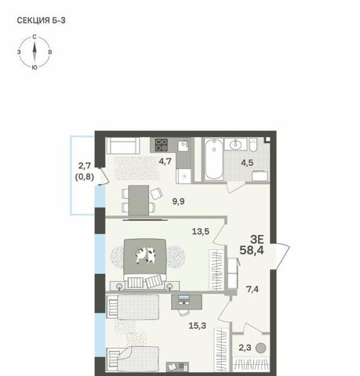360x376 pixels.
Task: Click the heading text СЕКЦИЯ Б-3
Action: pyautogui.click(x=41, y=20)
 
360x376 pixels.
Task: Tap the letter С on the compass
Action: pyautogui.click(x=35, y=37)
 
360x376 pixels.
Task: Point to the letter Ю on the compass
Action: pyautogui.click(x=35, y=67)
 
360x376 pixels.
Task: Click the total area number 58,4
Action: pyautogui.click(x=252, y=250)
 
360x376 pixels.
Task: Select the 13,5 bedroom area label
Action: pyautogui.click(x=201, y=231)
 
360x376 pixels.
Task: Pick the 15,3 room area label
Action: pyautogui.click(x=198, y=326)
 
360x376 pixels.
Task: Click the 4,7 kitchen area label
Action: pyautogui.click(x=165, y=161)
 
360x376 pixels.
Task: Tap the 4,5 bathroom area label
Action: pyautogui.click(x=247, y=163)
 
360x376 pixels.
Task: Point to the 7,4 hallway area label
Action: pyautogui.click(x=253, y=289)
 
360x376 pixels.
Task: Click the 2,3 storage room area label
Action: pyautogui.click(x=245, y=348)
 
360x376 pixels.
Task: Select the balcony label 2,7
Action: pyautogui.click(x=85, y=165)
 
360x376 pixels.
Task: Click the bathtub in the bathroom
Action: pyautogui.click(x=214, y=159)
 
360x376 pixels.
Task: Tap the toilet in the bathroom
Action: pyautogui.click(x=253, y=145)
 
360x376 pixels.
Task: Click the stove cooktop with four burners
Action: pyautogui.click(x=161, y=145)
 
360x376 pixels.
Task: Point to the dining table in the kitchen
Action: pyautogui.click(x=139, y=201)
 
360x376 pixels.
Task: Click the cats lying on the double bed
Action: pyautogui.click(x=145, y=255)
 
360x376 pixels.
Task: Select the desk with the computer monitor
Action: pyautogui.click(x=187, y=302)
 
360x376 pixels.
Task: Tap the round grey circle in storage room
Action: pyautogui.click(x=260, y=348)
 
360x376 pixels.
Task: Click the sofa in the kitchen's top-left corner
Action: pyautogui.click(x=123, y=146)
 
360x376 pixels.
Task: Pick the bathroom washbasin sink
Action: pyautogui.click(x=235, y=144)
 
